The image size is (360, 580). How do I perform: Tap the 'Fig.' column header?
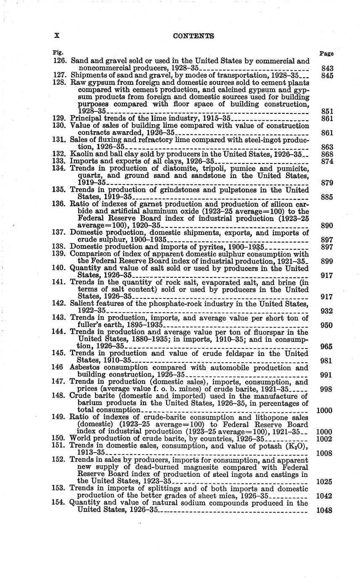(57, 53)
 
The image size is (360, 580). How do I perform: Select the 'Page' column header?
(326, 53)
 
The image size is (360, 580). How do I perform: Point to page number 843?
(326, 68)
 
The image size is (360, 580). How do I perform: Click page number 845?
(326, 76)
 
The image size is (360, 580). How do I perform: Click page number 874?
(326, 161)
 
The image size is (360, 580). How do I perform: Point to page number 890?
(326, 226)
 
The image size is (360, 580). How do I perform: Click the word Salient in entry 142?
(82, 304)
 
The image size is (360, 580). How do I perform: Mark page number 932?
(326, 311)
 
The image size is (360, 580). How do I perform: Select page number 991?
(326, 375)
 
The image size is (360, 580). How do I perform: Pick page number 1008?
(324, 453)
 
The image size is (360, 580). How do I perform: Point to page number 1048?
(324, 510)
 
